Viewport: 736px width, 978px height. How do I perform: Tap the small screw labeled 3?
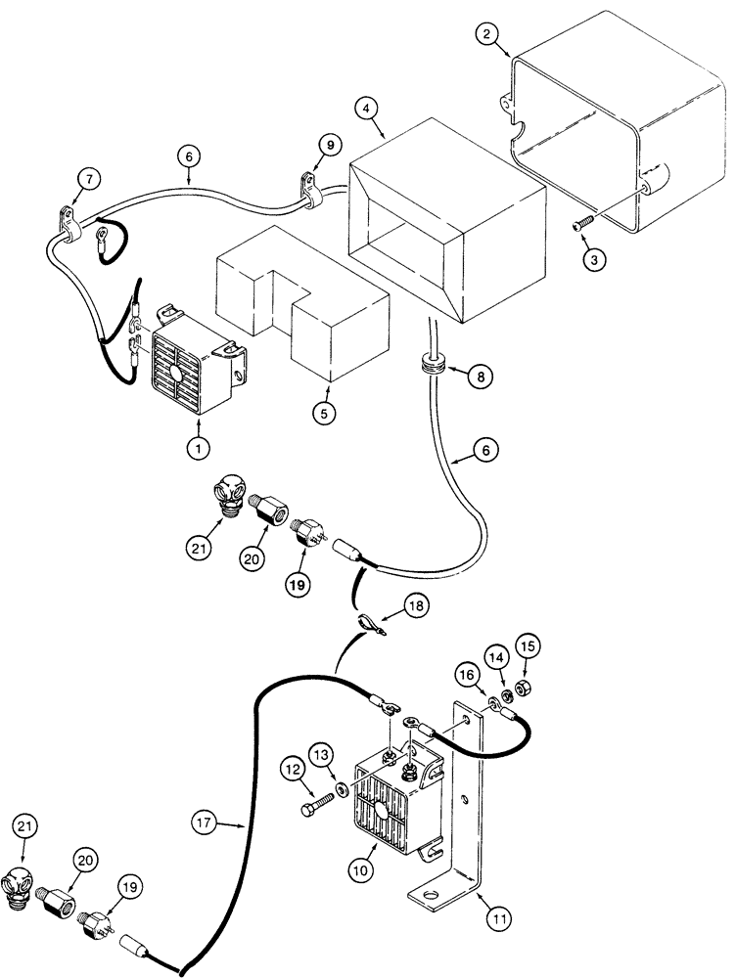tap(579, 227)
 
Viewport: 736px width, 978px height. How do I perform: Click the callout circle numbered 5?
tap(327, 412)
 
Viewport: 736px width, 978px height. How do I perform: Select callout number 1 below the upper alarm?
tap(201, 448)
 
